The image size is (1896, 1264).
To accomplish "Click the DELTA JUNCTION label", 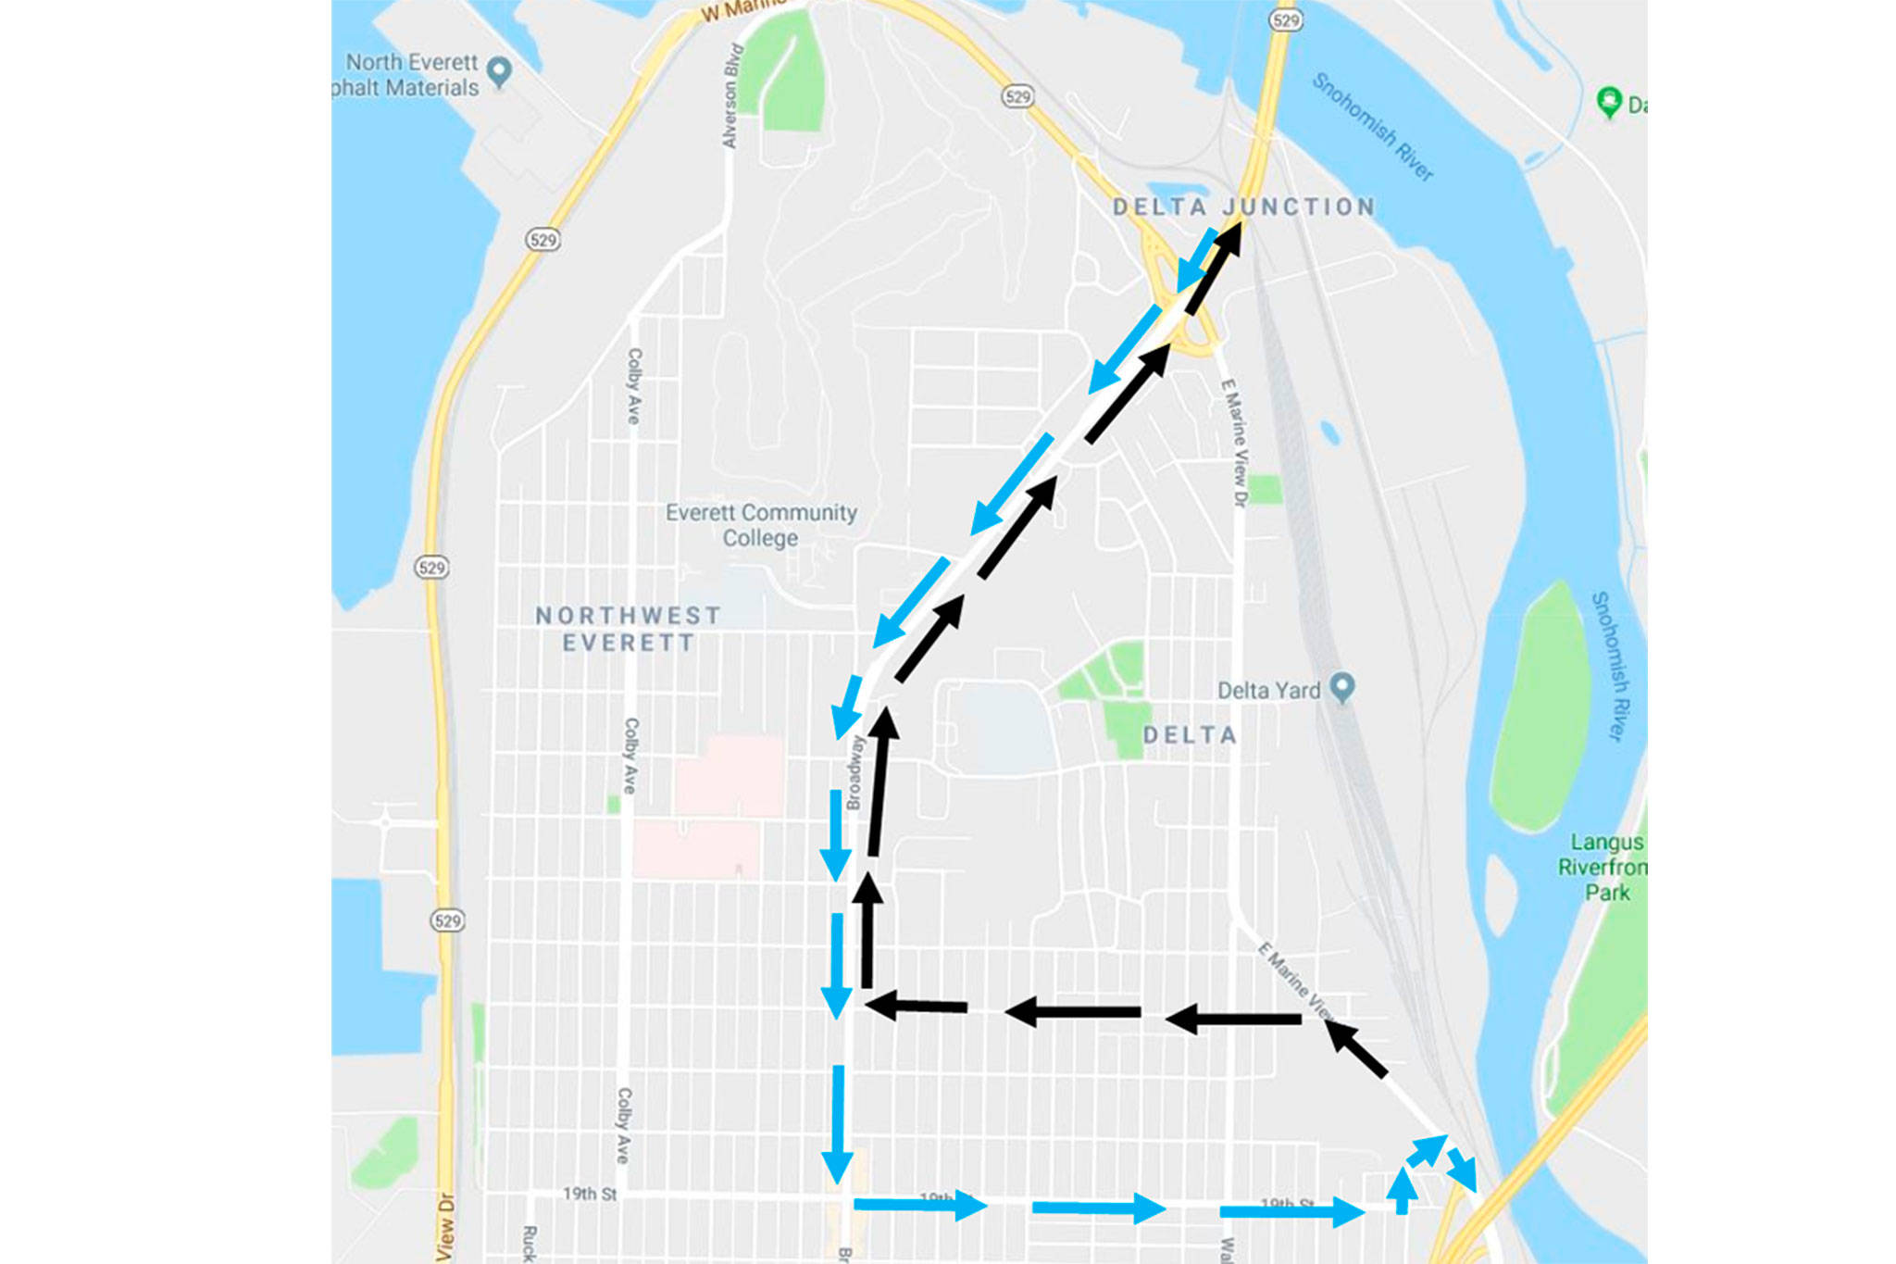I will tap(1243, 207).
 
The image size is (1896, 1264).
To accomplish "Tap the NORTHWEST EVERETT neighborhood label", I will tap(629, 629).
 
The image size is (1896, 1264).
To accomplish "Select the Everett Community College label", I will tap(761, 525).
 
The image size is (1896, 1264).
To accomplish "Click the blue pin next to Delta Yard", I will tap(1341, 687).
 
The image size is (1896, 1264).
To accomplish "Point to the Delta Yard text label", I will tap(1268, 691).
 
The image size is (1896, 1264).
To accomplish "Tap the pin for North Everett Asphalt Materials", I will tap(500, 70).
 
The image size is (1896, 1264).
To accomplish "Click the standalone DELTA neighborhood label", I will tap(1190, 735).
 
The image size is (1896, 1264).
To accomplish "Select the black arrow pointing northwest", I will tap(1355, 1048).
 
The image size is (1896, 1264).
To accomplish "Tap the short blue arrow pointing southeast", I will tap(1463, 1170).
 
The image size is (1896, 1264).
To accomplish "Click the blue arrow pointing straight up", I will tap(1403, 1190).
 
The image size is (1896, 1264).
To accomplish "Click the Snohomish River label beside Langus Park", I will tap(1612, 667).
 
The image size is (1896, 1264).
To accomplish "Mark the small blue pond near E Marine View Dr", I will tap(1330, 432).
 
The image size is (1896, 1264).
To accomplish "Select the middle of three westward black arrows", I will tap(1073, 1012).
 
